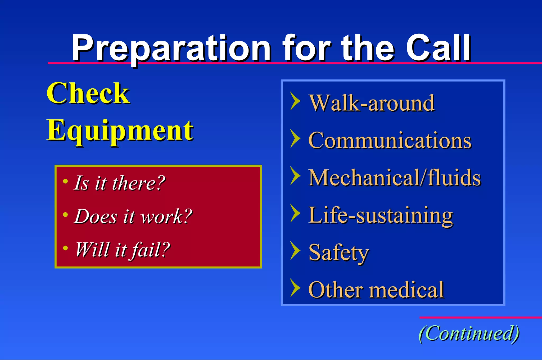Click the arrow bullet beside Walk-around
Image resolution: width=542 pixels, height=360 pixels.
coord(295,101)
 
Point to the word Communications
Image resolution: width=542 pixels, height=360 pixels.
coord(390,140)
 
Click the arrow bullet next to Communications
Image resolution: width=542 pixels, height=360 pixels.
coord(295,138)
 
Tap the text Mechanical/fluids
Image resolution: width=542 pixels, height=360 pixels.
coord(394,178)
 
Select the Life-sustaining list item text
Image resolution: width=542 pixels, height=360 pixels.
coord(381,215)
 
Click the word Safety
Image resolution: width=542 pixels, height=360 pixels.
coord(338,253)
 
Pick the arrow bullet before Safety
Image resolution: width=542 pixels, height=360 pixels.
coord(295,250)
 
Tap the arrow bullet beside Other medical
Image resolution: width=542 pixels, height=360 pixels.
coord(295,288)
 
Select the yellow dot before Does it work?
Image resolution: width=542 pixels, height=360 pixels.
coord(65,214)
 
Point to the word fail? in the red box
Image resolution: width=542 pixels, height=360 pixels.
coord(151,249)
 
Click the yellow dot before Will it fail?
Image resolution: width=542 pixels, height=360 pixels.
coord(65,248)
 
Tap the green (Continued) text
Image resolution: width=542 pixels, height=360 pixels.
coord(469,333)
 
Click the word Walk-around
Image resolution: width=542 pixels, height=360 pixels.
coord(372,103)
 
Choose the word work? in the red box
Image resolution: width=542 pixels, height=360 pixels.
coord(166,216)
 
